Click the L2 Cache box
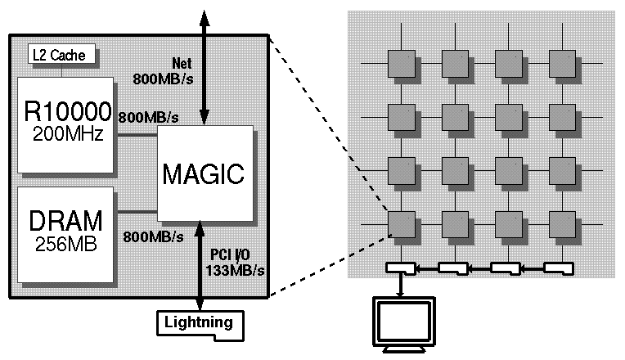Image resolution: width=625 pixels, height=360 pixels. pyautogui.click(x=61, y=56)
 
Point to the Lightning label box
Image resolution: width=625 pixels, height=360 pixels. pyautogui.click(x=200, y=322)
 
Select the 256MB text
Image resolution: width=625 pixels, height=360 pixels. pyautogui.click(x=68, y=243)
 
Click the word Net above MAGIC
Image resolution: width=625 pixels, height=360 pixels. pyautogui.click(x=182, y=64)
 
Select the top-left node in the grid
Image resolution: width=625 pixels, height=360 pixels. pyautogui.click(x=401, y=62)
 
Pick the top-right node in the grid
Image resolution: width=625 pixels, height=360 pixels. pyautogui.click(x=562, y=62)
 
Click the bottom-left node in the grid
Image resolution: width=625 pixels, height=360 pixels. pyautogui.click(x=401, y=223)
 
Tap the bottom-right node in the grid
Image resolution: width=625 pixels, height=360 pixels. pyautogui.click(x=562, y=223)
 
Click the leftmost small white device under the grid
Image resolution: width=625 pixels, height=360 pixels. pyautogui.click(x=401, y=267)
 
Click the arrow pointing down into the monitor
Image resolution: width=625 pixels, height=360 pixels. pyautogui.click(x=401, y=286)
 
